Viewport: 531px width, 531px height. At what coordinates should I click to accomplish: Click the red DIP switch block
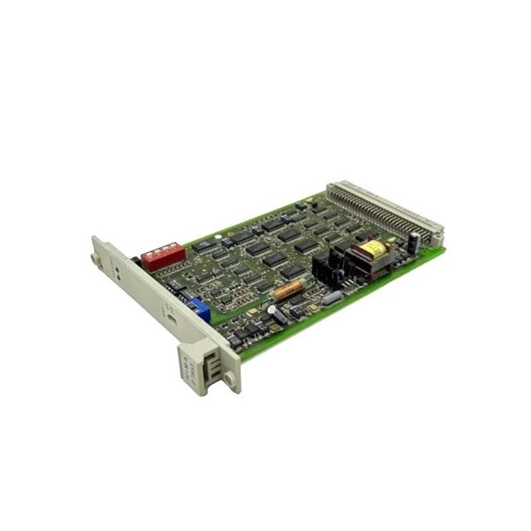point(164,256)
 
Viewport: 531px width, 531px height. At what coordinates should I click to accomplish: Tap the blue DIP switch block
point(199,310)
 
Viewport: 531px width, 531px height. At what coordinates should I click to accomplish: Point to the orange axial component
point(288,289)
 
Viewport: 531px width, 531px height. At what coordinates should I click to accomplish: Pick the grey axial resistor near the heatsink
point(332,298)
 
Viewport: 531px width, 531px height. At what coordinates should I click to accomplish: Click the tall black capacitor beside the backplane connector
point(413,241)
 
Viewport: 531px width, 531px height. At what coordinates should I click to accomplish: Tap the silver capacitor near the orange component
point(278,313)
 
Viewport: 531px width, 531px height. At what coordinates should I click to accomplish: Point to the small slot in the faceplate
point(167,312)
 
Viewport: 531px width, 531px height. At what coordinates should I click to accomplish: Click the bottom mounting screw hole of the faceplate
point(230,380)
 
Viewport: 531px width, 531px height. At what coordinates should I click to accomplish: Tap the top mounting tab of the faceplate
point(95,259)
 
